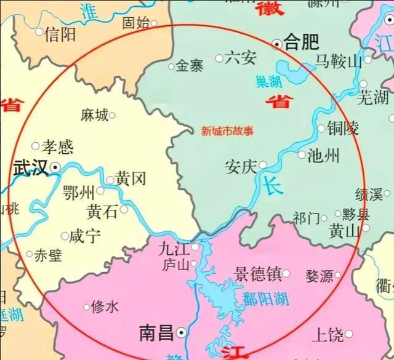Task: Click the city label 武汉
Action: click(30, 167)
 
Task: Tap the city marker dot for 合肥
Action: click(278, 43)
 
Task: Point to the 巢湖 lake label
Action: click(269, 81)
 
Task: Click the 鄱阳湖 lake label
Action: click(266, 299)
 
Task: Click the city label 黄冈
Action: click(131, 180)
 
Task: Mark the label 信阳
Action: click(60, 34)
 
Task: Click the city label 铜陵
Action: click(342, 129)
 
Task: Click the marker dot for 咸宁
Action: click(65, 236)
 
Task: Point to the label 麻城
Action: click(94, 114)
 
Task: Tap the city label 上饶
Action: click(328, 335)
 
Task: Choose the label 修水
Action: click(105, 306)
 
